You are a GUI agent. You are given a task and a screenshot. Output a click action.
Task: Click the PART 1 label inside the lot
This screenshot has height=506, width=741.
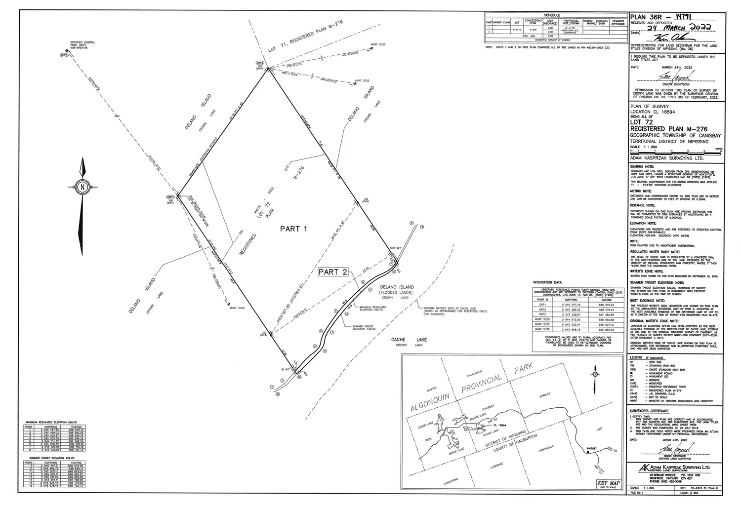(x=293, y=229)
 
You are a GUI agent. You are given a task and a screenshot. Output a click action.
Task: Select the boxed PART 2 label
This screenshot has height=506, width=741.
(x=333, y=272)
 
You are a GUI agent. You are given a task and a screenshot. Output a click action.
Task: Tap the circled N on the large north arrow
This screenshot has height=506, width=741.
(x=82, y=187)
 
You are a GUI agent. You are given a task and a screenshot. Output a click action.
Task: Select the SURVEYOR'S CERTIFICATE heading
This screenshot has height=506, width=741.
(x=649, y=411)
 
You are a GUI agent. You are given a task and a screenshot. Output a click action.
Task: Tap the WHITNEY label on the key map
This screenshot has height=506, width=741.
(x=592, y=448)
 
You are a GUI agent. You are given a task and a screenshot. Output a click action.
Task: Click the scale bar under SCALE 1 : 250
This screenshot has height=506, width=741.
(x=676, y=150)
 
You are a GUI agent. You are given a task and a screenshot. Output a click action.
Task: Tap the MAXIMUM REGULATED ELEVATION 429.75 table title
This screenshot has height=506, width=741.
(x=49, y=423)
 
